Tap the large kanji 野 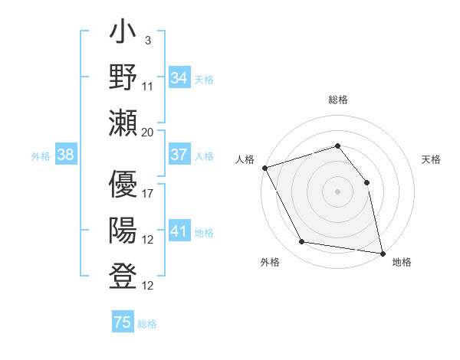tap(123, 78)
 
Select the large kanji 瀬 tap(123, 123)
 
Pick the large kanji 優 tap(123, 185)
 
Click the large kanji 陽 tap(123, 231)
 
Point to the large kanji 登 tap(123, 276)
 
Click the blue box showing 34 tap(179, 77)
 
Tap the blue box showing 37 tap(179, 155)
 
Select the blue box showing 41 tap(179, 231)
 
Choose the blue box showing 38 tap(66, 155)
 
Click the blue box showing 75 tap(123, 322)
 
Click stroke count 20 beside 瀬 tap(148, 133)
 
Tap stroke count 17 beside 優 tap(148, 194)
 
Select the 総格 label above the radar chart tap(337, 100)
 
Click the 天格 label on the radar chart tap(431, 159)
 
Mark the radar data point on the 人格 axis tap(264, 167)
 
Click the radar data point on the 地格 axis tap(382, 252)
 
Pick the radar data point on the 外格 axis tap(302, 242)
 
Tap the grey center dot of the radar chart tap(337, 191)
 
